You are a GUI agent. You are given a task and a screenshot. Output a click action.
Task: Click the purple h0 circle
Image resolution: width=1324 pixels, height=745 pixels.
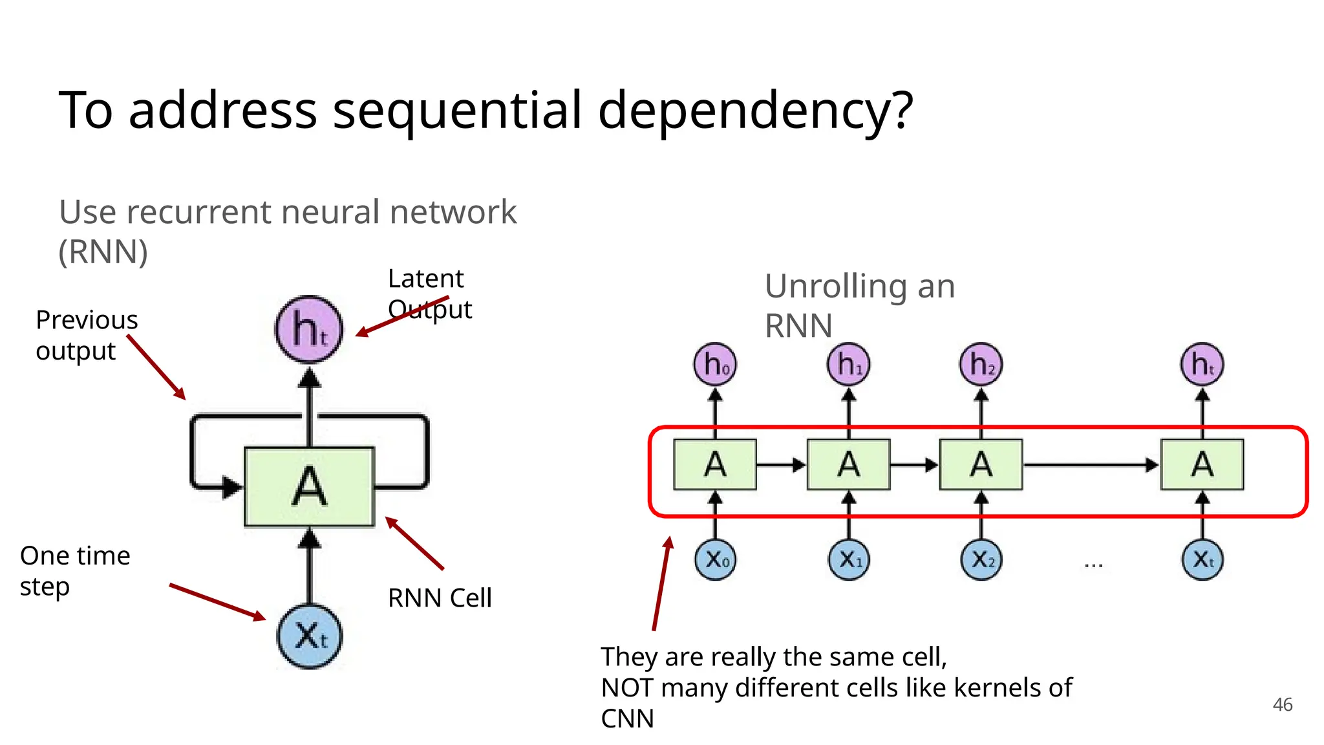pos(715,364)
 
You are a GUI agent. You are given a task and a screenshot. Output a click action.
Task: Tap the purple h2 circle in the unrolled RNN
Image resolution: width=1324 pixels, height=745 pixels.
pos(981,364)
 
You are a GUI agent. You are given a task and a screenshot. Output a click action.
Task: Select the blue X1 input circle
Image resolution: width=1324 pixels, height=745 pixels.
pos(849,559)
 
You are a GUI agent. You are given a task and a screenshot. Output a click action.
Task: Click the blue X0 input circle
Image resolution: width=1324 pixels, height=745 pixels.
pos(716,559)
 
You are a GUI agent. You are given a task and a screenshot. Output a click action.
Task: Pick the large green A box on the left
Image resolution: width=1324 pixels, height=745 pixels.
pos(309,486)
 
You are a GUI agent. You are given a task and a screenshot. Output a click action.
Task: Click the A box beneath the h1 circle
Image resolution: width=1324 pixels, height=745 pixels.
pos(848,464)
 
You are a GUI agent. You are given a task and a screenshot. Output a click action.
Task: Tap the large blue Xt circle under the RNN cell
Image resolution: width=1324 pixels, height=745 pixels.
pos(310,636)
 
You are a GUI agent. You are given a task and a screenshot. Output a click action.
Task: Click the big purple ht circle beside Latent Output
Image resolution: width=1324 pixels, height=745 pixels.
pos(308,329)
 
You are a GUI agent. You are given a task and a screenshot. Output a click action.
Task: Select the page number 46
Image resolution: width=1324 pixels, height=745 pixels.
pos(1282,704)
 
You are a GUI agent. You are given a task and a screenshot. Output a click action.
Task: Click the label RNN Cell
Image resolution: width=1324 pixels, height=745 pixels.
pos(440,598)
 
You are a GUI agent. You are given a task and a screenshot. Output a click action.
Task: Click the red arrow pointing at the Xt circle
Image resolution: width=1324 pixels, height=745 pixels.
pos(217,601)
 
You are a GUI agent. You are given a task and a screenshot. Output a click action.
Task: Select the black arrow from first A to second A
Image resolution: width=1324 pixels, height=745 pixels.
pos(781,464)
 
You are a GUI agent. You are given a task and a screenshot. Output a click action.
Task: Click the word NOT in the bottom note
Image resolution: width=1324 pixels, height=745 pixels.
pos(627,687)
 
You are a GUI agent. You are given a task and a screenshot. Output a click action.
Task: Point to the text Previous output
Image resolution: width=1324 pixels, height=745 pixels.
pos(86,335)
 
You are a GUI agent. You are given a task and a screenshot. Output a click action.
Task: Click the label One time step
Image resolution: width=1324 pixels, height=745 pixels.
pos(74,570)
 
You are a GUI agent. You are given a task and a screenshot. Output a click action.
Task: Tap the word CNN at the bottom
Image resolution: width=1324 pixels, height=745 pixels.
pos(627,718)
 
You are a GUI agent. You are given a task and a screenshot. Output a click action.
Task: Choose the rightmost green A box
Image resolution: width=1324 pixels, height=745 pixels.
pos(1202,464)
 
